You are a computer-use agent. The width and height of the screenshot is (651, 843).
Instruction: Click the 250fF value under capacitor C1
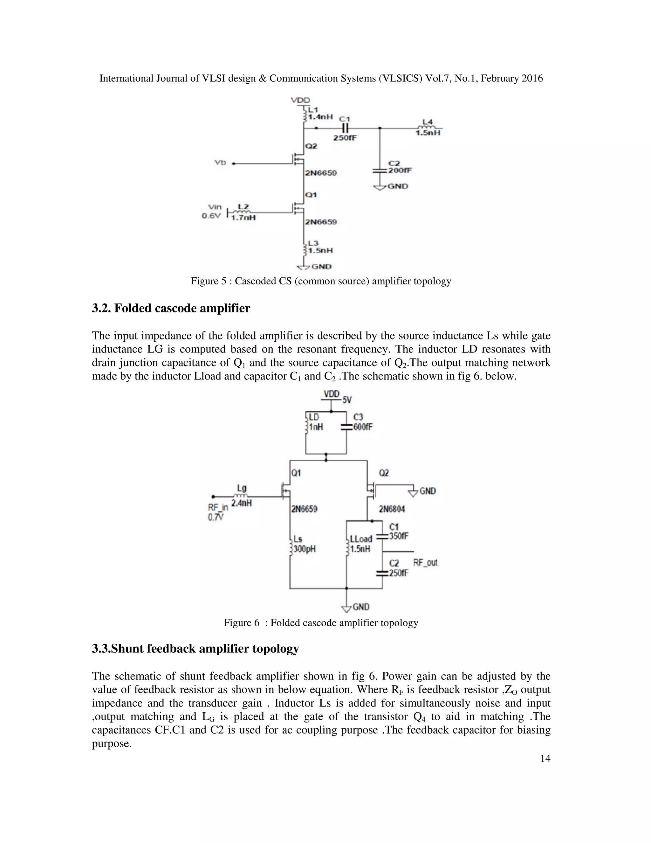[x=345, y=138]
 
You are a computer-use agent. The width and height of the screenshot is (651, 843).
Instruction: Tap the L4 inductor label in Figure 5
[x=427, y=122]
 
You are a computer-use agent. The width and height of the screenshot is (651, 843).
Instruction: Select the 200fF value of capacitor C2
[x=400, y=170]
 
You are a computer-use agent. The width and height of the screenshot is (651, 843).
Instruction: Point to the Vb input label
[x=220, y=163]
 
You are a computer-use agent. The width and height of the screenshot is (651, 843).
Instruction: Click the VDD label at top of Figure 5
[x=300, y=100]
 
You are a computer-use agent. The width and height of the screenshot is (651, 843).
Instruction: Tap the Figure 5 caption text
[x=321, y=281]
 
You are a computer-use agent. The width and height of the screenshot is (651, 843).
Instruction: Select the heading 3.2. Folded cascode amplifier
[x=171, y=308]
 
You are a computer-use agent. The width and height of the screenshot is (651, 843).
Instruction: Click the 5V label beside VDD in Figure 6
[x=347, y=400]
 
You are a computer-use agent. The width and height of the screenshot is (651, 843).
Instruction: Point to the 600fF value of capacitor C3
[x=363, y=427]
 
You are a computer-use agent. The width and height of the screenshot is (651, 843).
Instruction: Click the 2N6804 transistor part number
[x=391, y=509]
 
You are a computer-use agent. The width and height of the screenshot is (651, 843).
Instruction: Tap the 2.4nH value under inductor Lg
[x=242, y=503]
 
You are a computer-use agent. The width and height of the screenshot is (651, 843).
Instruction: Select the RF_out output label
[x=425, y=562]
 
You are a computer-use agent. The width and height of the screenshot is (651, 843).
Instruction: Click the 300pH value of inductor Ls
[x=305, y=549]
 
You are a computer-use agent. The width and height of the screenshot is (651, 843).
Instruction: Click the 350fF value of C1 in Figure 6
[x=399, y=536]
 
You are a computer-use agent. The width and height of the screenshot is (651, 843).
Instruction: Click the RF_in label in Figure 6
[x=218, y=508]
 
